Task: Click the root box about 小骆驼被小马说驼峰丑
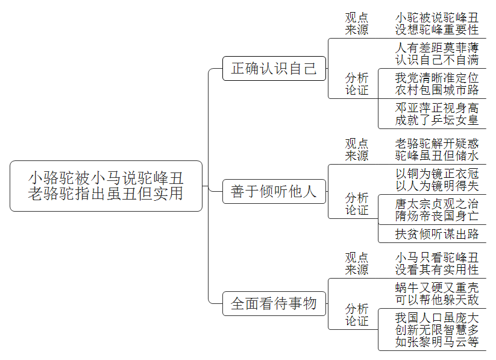(106, 186)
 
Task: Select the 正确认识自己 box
(274, 68)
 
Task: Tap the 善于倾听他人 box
(274, 191)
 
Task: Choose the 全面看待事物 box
(274, 303)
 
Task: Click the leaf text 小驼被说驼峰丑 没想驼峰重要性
(437, 24)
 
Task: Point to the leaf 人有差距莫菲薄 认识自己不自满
(437, 54)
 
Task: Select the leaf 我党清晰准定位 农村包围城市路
(437, 84)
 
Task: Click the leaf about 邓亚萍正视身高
(437, 114)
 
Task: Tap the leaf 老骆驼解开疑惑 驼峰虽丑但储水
(437, 150)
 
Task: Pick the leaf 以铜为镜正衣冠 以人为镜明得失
(437, 180)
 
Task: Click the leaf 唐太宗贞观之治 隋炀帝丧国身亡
(437, 210)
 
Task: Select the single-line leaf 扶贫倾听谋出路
(437, 234)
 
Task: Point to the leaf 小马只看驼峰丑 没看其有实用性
(437, 264)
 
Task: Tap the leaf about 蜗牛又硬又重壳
(437, 294)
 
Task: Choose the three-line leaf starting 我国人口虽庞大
(437, 330)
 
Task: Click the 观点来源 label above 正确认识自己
(357, 24)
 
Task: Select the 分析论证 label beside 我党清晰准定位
(357, 84)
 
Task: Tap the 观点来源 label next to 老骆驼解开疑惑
(357, 150)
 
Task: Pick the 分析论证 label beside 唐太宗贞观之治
(357, 204)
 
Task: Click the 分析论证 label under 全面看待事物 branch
(357, 315)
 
